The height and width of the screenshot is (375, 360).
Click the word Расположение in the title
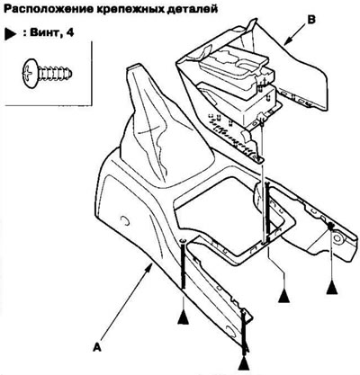[x=48, y=9]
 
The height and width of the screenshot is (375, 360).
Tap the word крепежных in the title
[x=130, y=9]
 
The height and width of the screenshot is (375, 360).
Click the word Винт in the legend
[x=41, y=32]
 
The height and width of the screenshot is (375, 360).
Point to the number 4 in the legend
[x=69, y=32]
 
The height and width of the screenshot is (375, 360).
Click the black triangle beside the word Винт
[x=10, y=34]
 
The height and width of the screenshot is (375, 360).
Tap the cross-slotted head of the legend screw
[x=30, y=71]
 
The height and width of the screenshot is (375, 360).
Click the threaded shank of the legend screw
[x=55, y=73]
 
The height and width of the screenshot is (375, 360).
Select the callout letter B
[x=311, y=20]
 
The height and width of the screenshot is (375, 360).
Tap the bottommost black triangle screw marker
[x=244, y=363]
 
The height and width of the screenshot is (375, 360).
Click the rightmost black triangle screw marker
[x=332, y=288]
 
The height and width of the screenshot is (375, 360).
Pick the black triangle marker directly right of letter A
[x=183, y=317]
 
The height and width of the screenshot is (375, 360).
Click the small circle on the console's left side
[x=125, y=220]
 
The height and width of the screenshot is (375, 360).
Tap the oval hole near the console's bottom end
[x=232, y=331]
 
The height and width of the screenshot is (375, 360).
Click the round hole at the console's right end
[x=339, y=238]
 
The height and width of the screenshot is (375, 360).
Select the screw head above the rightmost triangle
[x=330, y=226]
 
